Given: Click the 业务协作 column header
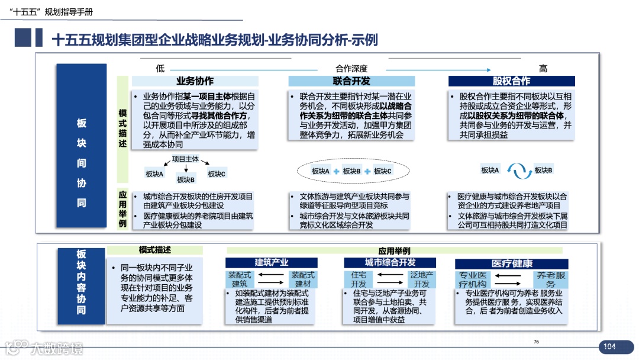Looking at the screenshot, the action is coord(195,81).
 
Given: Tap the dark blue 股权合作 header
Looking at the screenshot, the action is coord(511,81).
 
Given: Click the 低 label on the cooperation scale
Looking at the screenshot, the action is coord(160,68).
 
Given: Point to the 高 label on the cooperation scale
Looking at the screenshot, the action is coord(543,68).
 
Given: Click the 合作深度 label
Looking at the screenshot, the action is coord(351,68).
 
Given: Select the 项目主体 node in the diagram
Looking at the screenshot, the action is coord(185,159).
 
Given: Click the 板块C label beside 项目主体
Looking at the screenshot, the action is coord(217,173).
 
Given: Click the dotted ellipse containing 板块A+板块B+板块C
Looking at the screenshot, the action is coord(351,171).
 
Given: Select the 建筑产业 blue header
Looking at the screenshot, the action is coord(272,263).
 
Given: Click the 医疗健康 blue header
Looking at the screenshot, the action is coord(512,263).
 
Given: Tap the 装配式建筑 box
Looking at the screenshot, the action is coord(240,279).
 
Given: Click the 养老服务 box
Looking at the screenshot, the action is coord(550,279).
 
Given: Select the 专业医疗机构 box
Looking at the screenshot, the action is coord(473,279).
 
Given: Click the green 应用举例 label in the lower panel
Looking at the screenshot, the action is coord(394,251).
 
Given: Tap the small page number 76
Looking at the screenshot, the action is coord(536,342).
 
